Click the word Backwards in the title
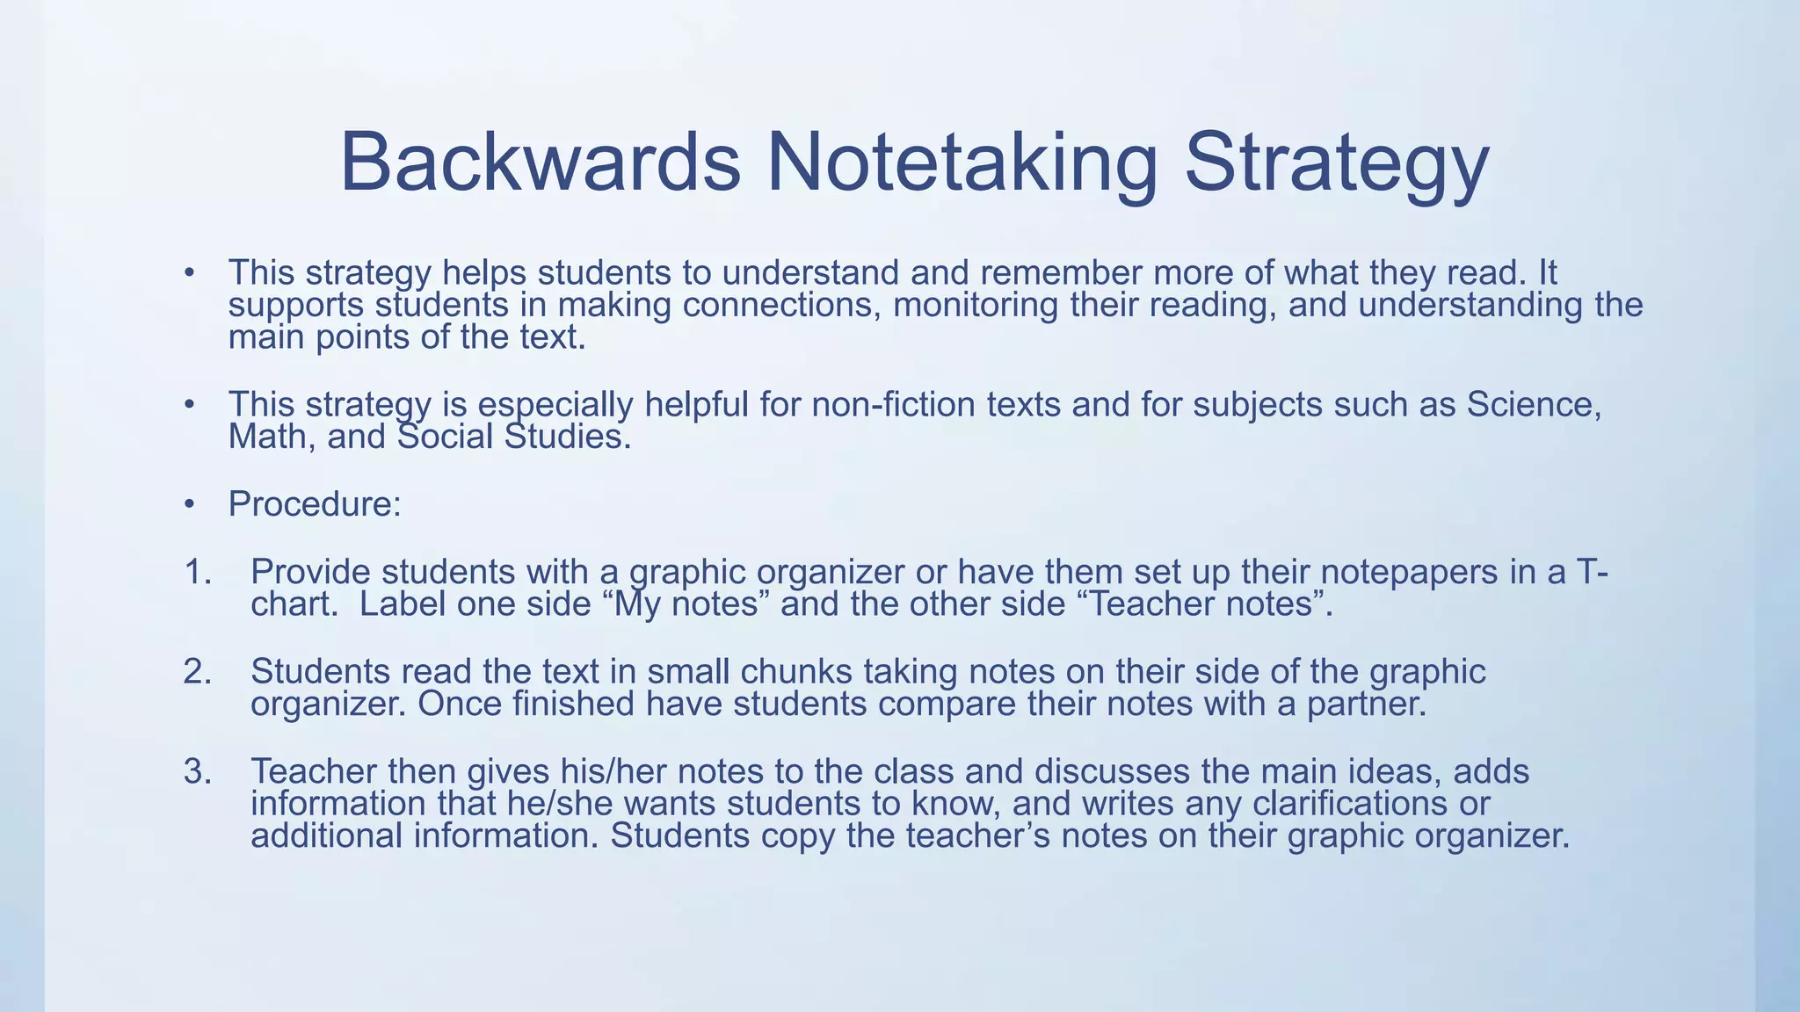(540, 163)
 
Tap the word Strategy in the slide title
(1337, 164)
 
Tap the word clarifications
(1345, 803)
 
